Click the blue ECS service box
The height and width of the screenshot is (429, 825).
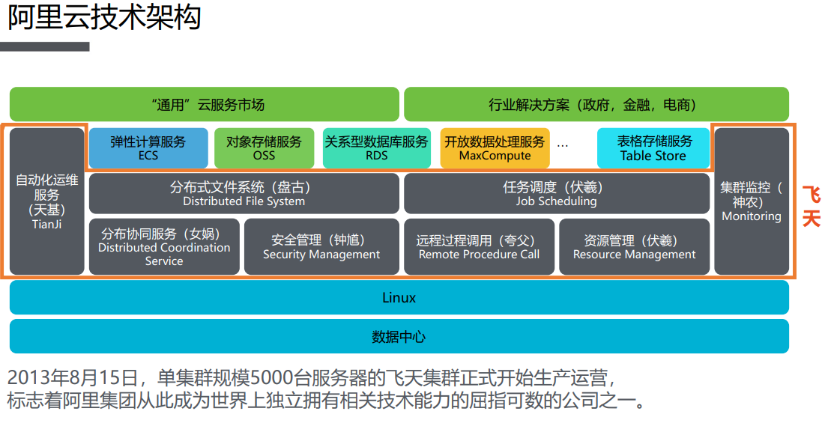pyautogui.click(x=148, y=148)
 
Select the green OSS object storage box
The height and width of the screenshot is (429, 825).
pyautogui.click(x=264, y=148)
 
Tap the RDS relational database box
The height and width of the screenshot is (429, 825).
pyautogui.click(x=376, y=148)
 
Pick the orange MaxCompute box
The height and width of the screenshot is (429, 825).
pyautogui.click(x=495, y=148)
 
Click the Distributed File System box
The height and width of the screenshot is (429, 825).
pyautogui.click(x=244, y=193)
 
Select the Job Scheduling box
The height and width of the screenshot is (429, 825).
pyautogui.click(x=556, y=193)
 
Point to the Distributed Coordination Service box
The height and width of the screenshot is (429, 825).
pyautogui.click(x=164, y=246)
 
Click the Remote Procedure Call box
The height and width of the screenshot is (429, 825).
pyautogui.click(x=479, y=246)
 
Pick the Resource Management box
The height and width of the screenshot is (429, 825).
pyautogui.click(x=634, y=246)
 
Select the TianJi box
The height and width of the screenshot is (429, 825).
pyautogui.click(x=46, y=201)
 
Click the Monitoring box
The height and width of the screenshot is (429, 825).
pyautogui.click(x=751, y=201)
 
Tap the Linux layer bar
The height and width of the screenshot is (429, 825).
pyautogui.click(x=399, y=297)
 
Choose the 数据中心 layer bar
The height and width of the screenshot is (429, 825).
pyautogui.click(x=399, y=336)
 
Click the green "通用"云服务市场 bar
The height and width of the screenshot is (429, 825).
pyautogui.click(x=204, y=104)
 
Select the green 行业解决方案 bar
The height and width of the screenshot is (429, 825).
pyautogui.click(x=596, y=104)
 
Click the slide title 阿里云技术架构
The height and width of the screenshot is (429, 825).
pyautogui.click(x=104, y=18)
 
